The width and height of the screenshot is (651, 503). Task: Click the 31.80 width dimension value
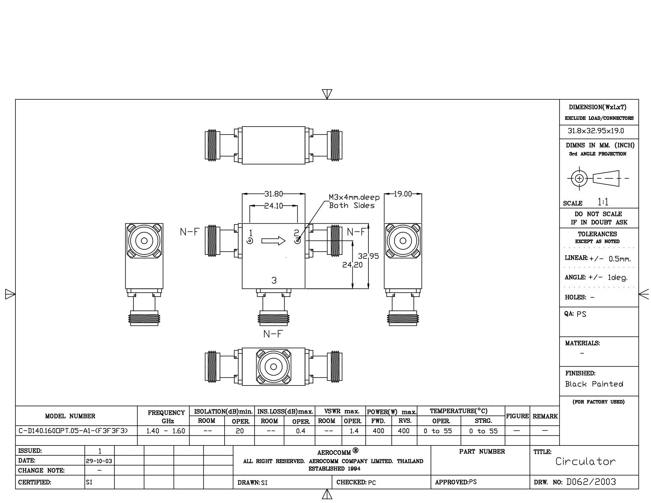[273, 194]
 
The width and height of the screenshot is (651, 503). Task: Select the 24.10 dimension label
[273, 206]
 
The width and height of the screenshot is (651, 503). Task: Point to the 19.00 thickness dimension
[403, 194]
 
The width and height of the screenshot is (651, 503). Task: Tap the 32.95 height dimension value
[368, 256]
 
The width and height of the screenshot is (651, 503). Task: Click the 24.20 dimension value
[352, 265]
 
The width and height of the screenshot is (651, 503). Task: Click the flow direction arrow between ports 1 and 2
[273, 241]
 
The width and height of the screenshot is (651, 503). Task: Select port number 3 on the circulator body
[274, 280]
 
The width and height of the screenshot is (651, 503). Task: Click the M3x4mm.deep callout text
[354, 197]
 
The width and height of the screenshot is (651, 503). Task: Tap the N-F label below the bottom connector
[273, 334]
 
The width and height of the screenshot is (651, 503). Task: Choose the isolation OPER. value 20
[239, 431]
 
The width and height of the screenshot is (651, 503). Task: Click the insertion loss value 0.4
[301, 431]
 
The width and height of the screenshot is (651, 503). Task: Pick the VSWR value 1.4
[354, 431]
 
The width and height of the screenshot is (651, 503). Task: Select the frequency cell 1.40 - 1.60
[166, 431]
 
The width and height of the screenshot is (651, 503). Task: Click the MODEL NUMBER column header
[70, 416]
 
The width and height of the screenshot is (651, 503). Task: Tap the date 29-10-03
[99, 461]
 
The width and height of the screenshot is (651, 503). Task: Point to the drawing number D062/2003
[591, 482]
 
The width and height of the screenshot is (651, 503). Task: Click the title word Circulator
[586, 461]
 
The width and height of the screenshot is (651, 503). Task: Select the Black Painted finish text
[594, 384]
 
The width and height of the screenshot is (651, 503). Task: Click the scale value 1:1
[603, 202]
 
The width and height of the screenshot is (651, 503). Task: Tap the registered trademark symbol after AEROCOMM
[355, 450]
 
